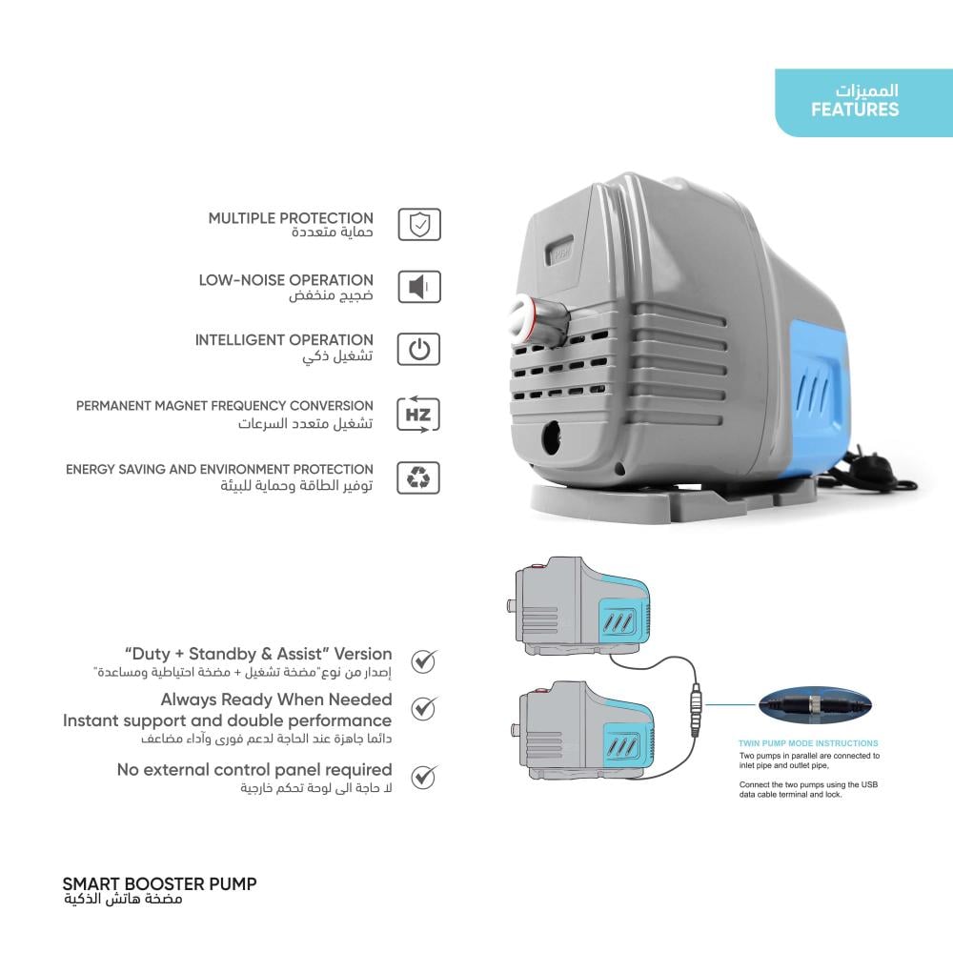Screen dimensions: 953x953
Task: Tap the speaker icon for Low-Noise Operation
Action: (x=418, y=287)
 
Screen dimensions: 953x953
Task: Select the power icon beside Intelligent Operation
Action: (x=418, y=349)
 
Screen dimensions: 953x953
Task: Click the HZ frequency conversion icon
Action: (x=418, y=416)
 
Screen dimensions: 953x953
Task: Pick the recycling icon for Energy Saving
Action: (x=418, y=477)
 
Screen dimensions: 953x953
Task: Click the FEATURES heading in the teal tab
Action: (x=855, y=109)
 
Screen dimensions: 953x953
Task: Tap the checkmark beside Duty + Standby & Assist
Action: (x=423, y=660)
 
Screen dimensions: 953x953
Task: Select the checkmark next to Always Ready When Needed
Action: (x=423, y=708)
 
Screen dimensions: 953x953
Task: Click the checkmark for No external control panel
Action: (x=423, y=776)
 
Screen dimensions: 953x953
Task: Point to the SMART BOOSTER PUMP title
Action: (x=159, y=883)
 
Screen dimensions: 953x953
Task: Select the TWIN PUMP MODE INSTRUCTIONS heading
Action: (x=808, y=743)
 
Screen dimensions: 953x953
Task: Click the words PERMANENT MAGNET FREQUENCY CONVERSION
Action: (x=225, y=406)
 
